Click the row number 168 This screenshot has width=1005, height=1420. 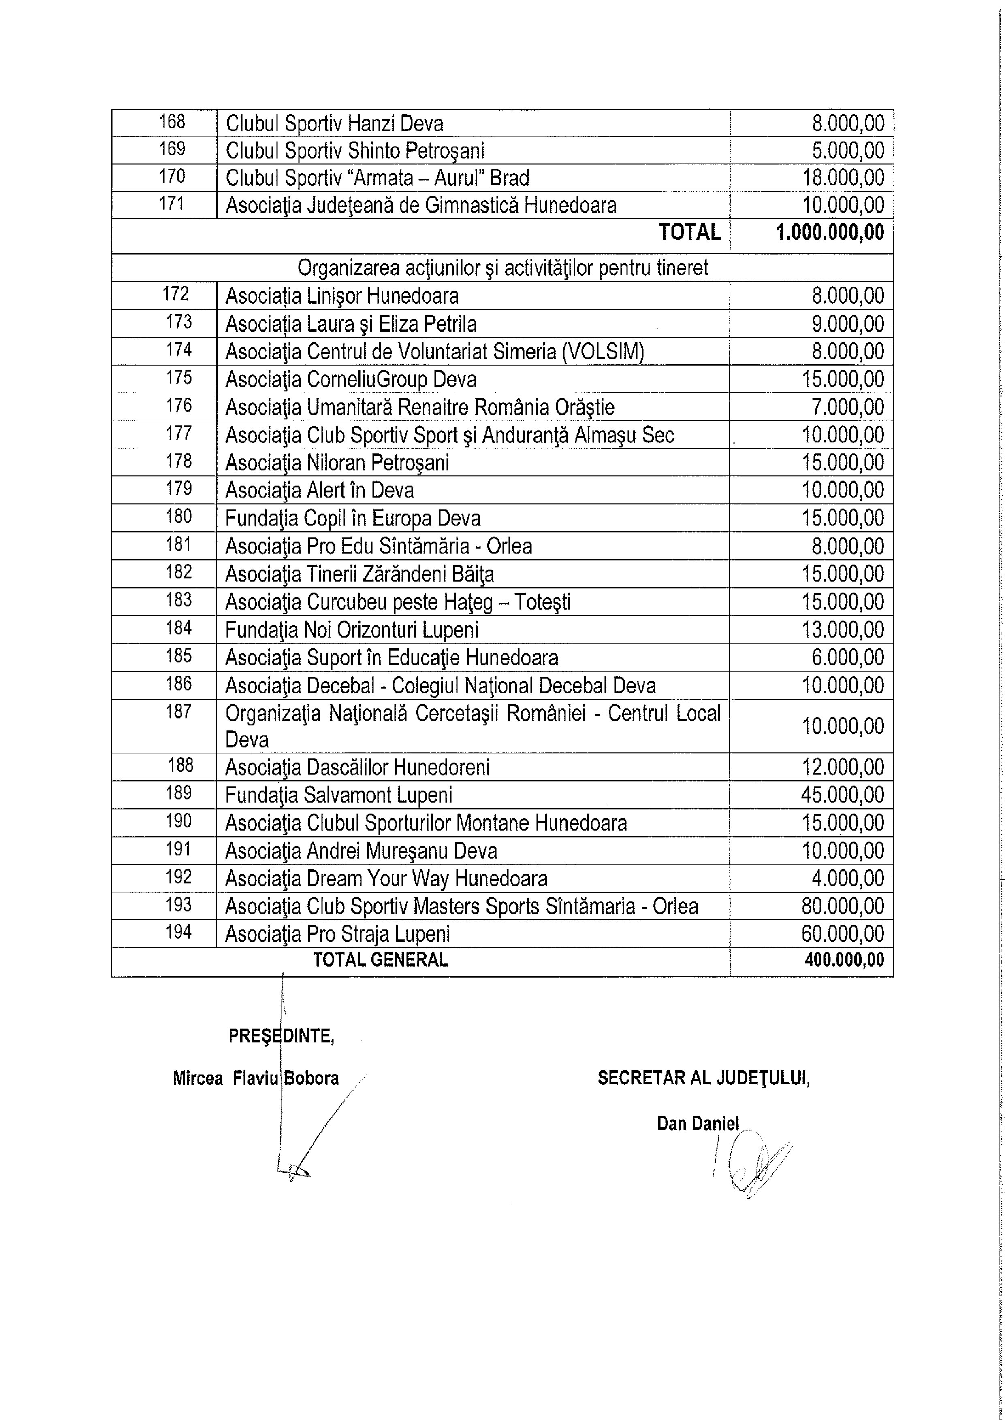172,122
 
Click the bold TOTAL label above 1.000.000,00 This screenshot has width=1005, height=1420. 689,232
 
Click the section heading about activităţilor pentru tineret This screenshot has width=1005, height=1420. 502,268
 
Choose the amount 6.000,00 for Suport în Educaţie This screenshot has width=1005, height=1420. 848,657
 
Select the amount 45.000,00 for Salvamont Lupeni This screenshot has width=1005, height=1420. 843,795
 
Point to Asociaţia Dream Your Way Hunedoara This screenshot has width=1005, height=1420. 386,879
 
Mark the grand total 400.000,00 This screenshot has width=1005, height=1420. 844,960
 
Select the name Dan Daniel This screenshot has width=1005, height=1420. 698,1123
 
